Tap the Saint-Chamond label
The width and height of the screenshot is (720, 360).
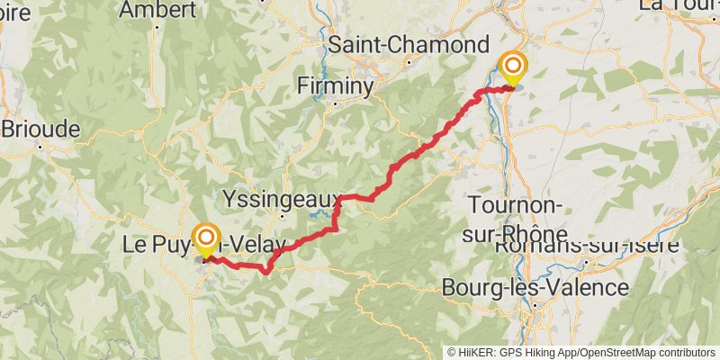click(x=409, y=45)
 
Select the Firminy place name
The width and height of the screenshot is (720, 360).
click(x=336, y=86)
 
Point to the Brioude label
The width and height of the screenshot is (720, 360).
click(x=40, y=128)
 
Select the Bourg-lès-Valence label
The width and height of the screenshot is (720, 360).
click(x=535, y=288)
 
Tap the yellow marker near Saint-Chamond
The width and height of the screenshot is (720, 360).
click(x=513, y=67)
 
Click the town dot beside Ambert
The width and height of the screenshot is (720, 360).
click(x=158, y=26)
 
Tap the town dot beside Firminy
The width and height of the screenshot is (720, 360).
click(x=336, y=103)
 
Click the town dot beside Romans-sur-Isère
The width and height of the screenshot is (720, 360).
click(x=586, y=262)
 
